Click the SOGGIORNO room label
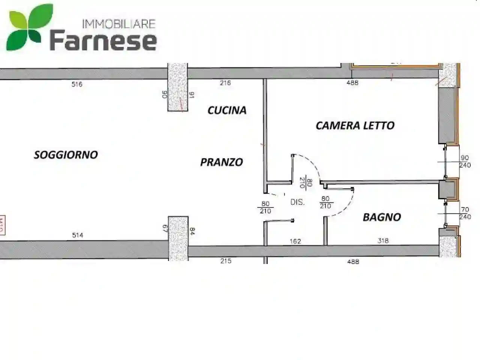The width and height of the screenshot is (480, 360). (x=66, y=154)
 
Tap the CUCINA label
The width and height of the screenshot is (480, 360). (x=227, y=110)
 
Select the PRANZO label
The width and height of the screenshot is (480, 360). (x=222, y=162)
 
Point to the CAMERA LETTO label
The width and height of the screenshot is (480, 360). (x=355, y=125)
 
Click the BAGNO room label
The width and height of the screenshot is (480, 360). (x=382, y=217)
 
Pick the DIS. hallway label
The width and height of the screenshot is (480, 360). (x=297, y=202)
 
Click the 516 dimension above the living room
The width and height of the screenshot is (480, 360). (x=77, y=85)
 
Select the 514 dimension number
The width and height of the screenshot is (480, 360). (x=78, y=235)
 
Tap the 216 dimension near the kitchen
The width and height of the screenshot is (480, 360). (x=225, y=83)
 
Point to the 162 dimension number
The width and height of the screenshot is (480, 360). (x=295, y=241)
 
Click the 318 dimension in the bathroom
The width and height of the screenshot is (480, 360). (x=383, y=241)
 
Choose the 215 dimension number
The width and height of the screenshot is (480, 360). (x=226, y=261)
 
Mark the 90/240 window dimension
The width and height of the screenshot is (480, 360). (x=465, y=162)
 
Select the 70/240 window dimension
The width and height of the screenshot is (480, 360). (x=465, y=213)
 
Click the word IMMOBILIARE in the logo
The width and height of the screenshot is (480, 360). (x=118, y=24)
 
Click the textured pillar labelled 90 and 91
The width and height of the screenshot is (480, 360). (x=177, y=87)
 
